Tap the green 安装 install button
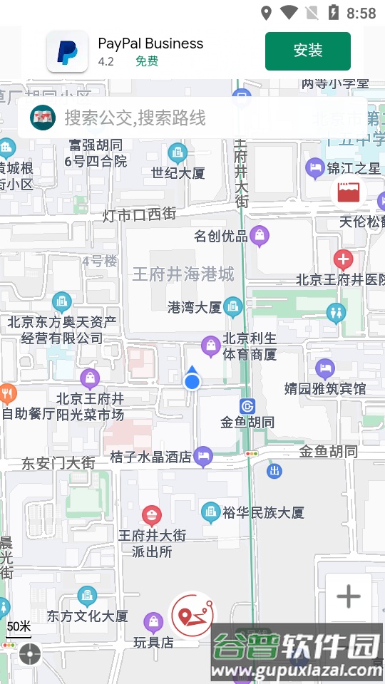click(x=308, y=51)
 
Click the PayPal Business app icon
click(x=68, y=52)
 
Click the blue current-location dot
click(x=192, y=382)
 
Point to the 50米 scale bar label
click(x=19, y=627)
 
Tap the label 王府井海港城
click(x=183, y=274)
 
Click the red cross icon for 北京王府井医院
click(x=344, y=259)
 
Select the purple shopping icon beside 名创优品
click(x=260, y=234)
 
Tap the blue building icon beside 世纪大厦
click(x=178, y=152)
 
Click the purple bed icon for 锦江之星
click(x=314, y=168)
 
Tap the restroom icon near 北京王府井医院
click(x=336, y=312)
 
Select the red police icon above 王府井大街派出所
click(x=151, y=514)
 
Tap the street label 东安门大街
click(x=58, y=463)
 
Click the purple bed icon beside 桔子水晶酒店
click(x=204, y=455)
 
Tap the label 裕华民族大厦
click(x=263, y=512)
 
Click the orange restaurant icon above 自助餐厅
click(x=7, y=393)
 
